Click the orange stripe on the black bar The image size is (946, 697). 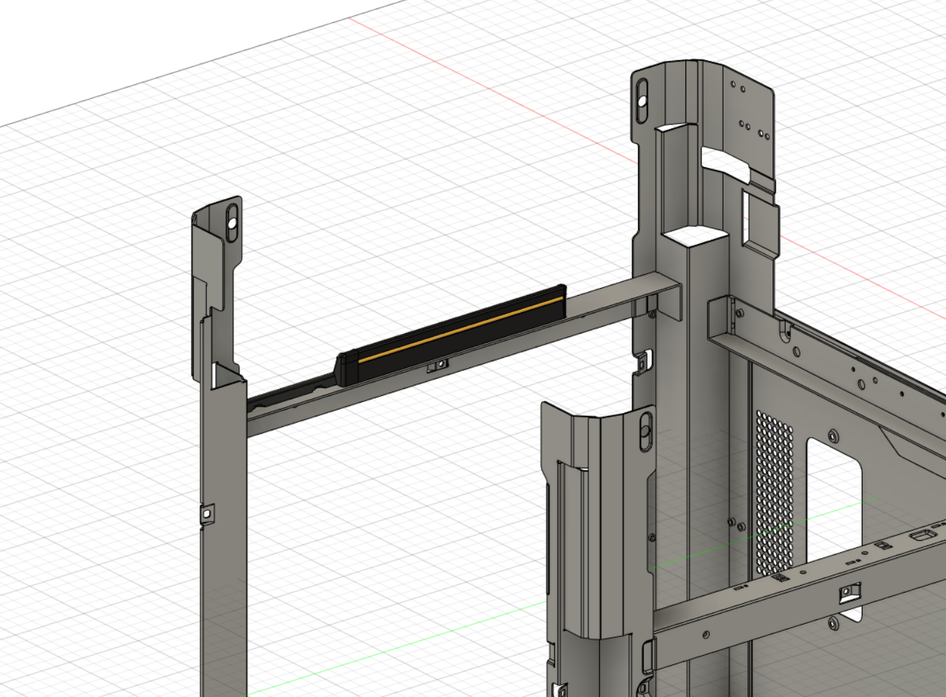pyautogui.click(x=456, y=330)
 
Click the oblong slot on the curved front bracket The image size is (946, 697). pyautogui.click(x=645, y=430)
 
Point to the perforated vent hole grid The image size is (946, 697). pyautogui.click(x=775, y=492)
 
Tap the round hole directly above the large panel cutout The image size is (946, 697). pyautogui.click(x=833, y=436)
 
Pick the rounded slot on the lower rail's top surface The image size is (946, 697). pyautogui.click(x=920, y=535)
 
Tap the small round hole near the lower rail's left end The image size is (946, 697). pyautogui.click(x=706, y=634)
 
